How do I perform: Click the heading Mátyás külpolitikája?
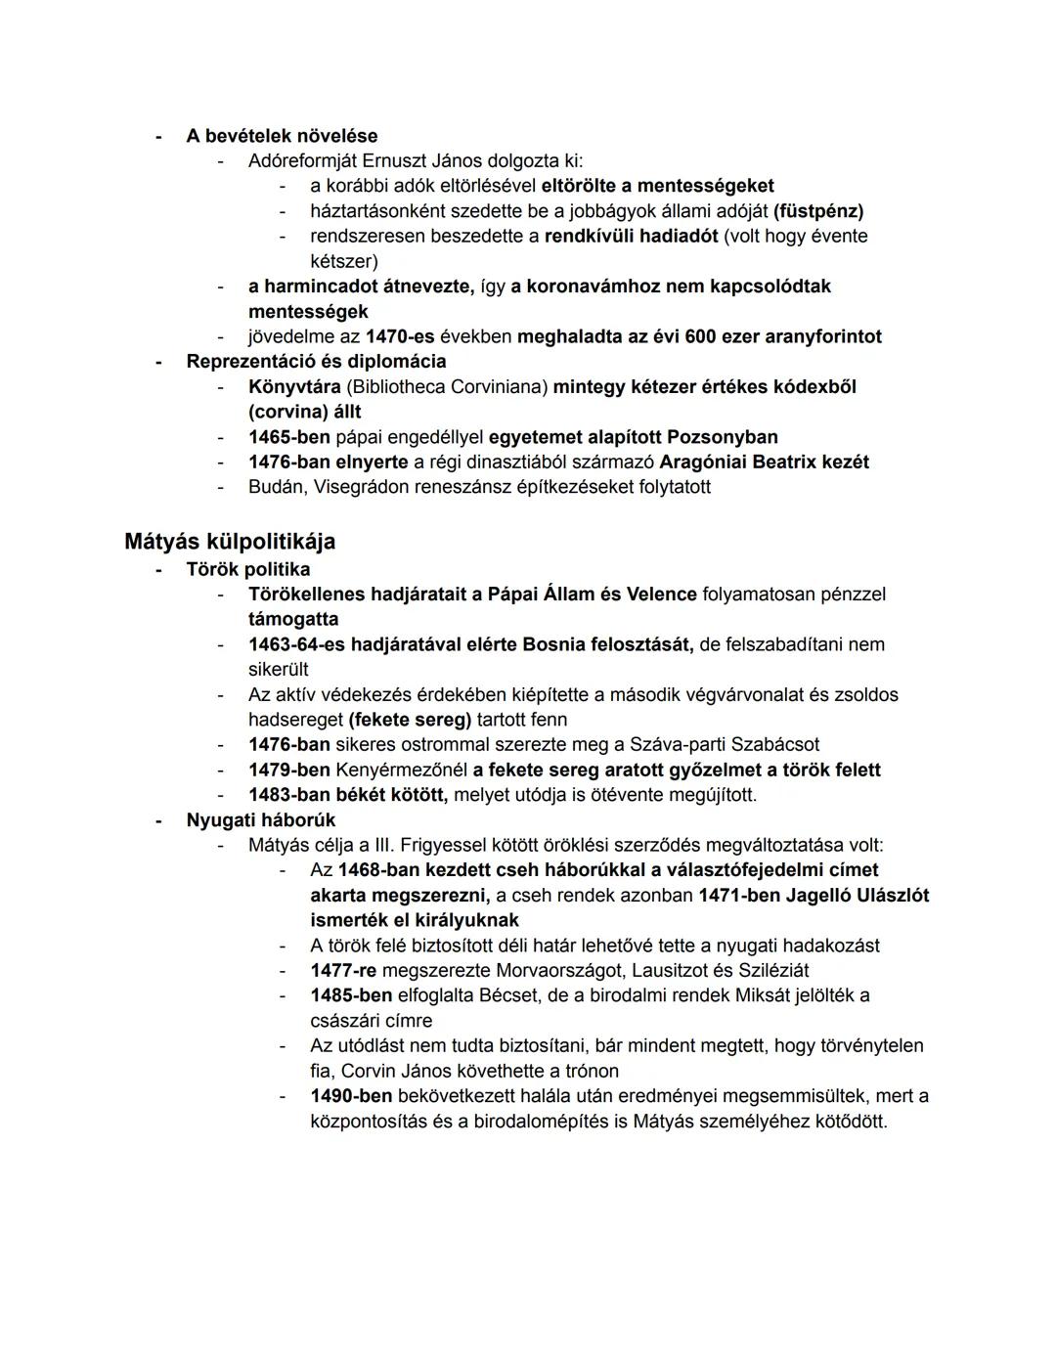click(230, 541)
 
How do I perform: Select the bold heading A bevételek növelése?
click(282, 136)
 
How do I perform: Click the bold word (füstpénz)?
click(818, 211)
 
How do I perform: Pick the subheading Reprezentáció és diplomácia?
click(316, 362)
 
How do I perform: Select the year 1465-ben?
click(288, 437)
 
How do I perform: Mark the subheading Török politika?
click(248, 569)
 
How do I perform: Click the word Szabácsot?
click(771, 744)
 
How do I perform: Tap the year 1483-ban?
click(288, 795)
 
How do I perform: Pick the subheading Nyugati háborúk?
click(261, 820)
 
